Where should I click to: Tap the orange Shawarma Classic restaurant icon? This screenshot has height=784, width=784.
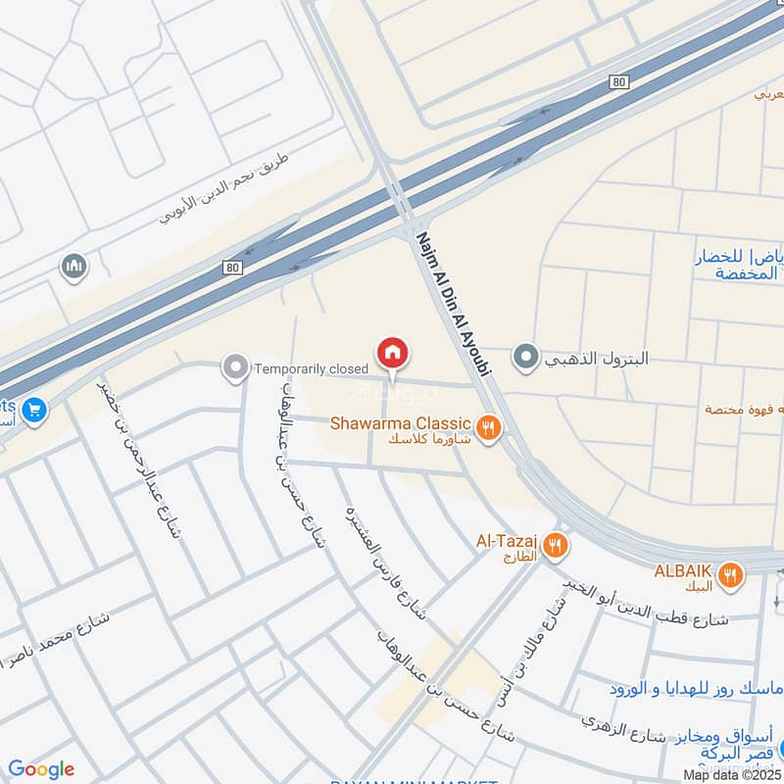[488, 426]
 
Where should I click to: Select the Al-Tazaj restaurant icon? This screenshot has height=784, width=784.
[556, 546]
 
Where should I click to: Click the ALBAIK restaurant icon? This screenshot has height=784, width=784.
[729, 575]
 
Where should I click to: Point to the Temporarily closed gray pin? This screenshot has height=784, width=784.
[234, 368]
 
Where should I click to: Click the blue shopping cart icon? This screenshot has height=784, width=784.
[34, 409]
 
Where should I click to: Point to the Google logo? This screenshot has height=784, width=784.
[41, 769]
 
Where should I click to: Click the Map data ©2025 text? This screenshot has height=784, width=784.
[729, 774]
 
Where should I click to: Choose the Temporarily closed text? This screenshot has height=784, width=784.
[311, 368]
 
